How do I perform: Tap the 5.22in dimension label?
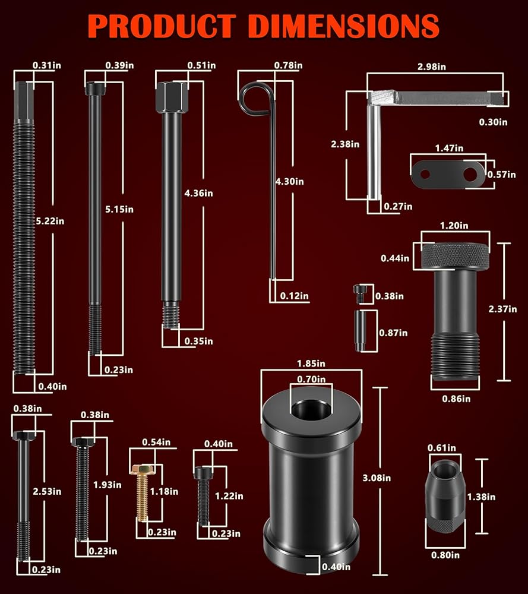click(x=50, y=221)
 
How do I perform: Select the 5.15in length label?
click(x=119, y=209)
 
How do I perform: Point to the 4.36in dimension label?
click(x=198, y=193)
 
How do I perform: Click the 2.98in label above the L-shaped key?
click(x=431, y=67)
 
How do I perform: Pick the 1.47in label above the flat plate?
click(x=449, y=148)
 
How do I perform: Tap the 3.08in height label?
click(x=377, y=478)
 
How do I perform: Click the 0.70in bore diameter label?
click(x=311, y=379)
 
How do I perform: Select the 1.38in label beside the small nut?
click(x=481, y=497)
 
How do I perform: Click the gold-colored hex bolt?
click(x=142, y=493)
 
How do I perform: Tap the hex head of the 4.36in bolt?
click(x=172, y=97)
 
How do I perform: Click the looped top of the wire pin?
click(x=255, y=99)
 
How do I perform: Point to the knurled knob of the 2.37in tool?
click(x=456, y=256)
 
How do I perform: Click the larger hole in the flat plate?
click(x=470, y=175)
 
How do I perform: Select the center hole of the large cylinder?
click(x=311, y=409)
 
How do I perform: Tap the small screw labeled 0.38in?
click(x=359, y=294)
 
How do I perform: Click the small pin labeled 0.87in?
click(x=360, y=331)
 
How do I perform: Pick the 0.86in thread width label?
click(x=456, y=399)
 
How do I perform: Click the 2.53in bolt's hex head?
click(x=24, y=435)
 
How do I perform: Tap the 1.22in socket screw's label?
click(x=229, y=496)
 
